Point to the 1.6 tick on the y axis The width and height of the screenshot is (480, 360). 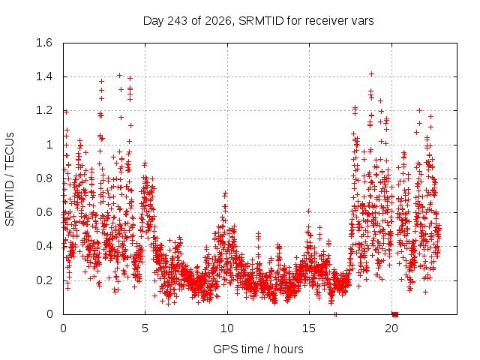coord(44,43)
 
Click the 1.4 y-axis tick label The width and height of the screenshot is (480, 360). coord(44,76)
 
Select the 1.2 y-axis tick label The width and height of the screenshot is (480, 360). coord(44,110)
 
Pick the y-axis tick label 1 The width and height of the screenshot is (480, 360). coord(49,145)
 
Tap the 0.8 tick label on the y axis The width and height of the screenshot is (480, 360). coord(44,178)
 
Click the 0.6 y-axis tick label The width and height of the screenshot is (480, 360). coord(44,212)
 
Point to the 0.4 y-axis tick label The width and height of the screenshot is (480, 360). coord(44,246)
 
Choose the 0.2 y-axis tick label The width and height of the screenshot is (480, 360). coord(44,280)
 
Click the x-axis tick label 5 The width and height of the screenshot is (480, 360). coord(145,328)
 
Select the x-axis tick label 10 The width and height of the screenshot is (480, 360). coord(227,328)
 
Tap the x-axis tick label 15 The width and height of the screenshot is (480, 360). coord(309,328)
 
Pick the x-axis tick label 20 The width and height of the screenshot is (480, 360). coord(391,328)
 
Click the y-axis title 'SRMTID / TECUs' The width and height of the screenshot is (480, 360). coord(10,179)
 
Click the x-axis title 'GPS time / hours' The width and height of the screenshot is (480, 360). coord(258,349)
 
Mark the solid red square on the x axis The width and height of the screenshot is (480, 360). coord(395,314)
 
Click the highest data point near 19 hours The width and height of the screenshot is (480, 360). coord(372,74)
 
